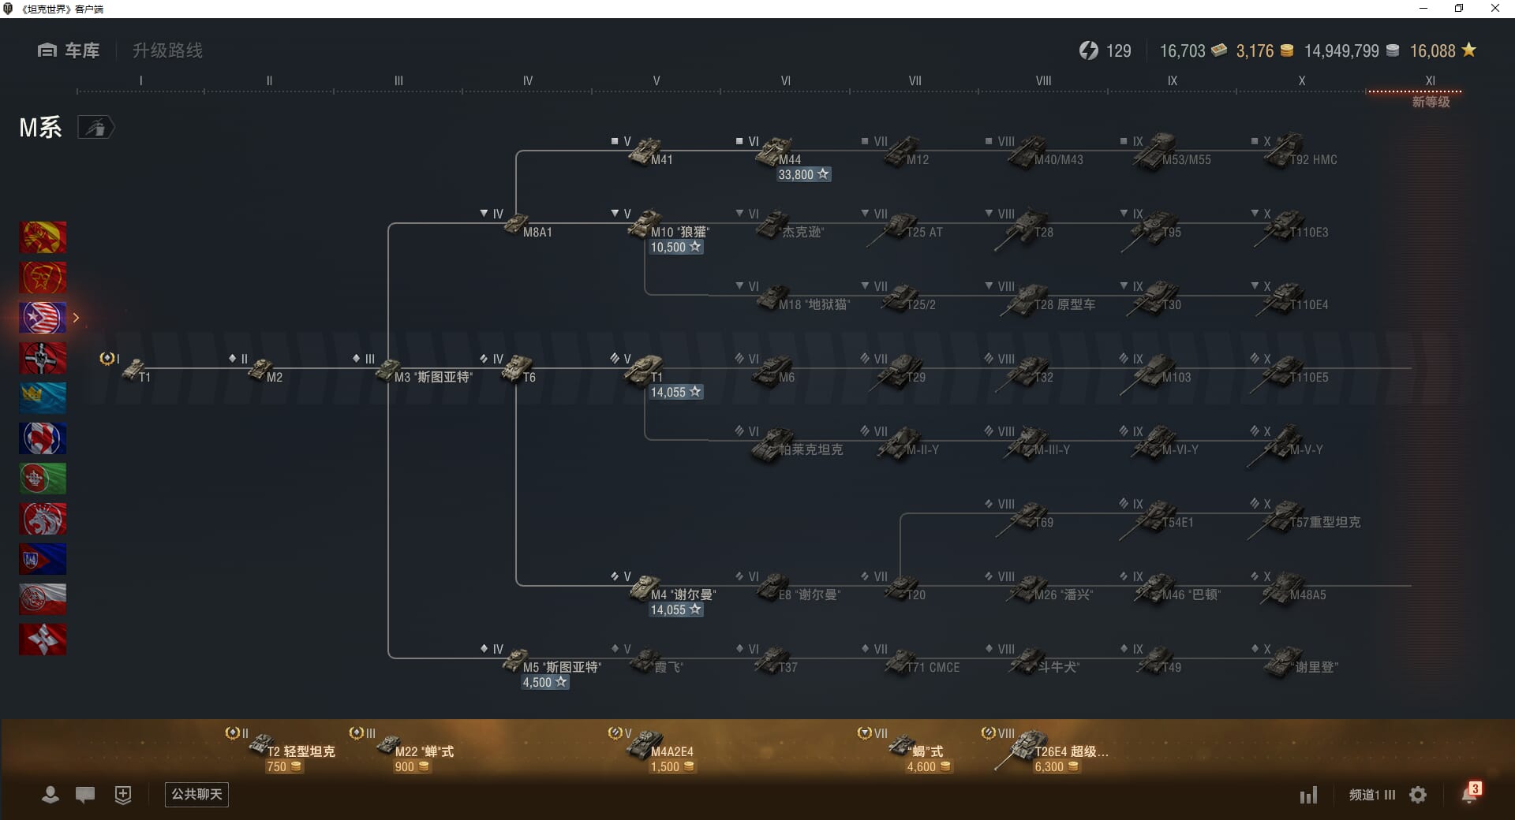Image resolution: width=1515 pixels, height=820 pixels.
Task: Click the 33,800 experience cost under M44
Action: (802, 174)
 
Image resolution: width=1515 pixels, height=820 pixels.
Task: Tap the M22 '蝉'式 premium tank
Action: (390, 744)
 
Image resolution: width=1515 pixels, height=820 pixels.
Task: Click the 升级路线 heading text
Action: (167, 50)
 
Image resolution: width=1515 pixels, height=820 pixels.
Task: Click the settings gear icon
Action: (1418, 795)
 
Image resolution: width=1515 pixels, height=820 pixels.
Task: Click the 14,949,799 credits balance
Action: (1341, 51)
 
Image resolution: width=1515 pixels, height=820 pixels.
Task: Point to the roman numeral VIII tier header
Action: (1043, 80)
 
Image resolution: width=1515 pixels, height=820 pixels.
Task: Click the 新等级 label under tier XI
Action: (1431, 102)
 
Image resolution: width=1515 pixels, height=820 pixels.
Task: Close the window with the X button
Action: (1494, 9)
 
